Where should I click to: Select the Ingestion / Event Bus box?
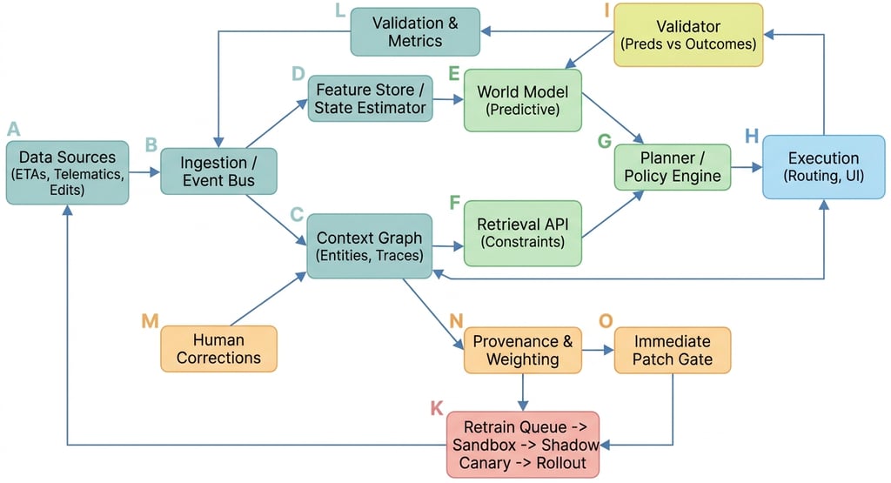218,171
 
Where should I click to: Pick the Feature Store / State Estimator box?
371,98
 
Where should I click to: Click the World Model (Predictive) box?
522,99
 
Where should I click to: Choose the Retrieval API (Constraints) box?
522,234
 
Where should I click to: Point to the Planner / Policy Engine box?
673,167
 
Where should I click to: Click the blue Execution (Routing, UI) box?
823,167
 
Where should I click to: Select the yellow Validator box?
688,35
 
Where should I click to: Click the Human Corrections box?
218,349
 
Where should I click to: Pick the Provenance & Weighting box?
522,350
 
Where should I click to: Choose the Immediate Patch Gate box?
673,350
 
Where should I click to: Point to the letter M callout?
150,321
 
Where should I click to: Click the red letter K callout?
437,407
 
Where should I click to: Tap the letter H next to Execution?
752,137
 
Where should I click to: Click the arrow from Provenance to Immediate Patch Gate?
598,351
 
